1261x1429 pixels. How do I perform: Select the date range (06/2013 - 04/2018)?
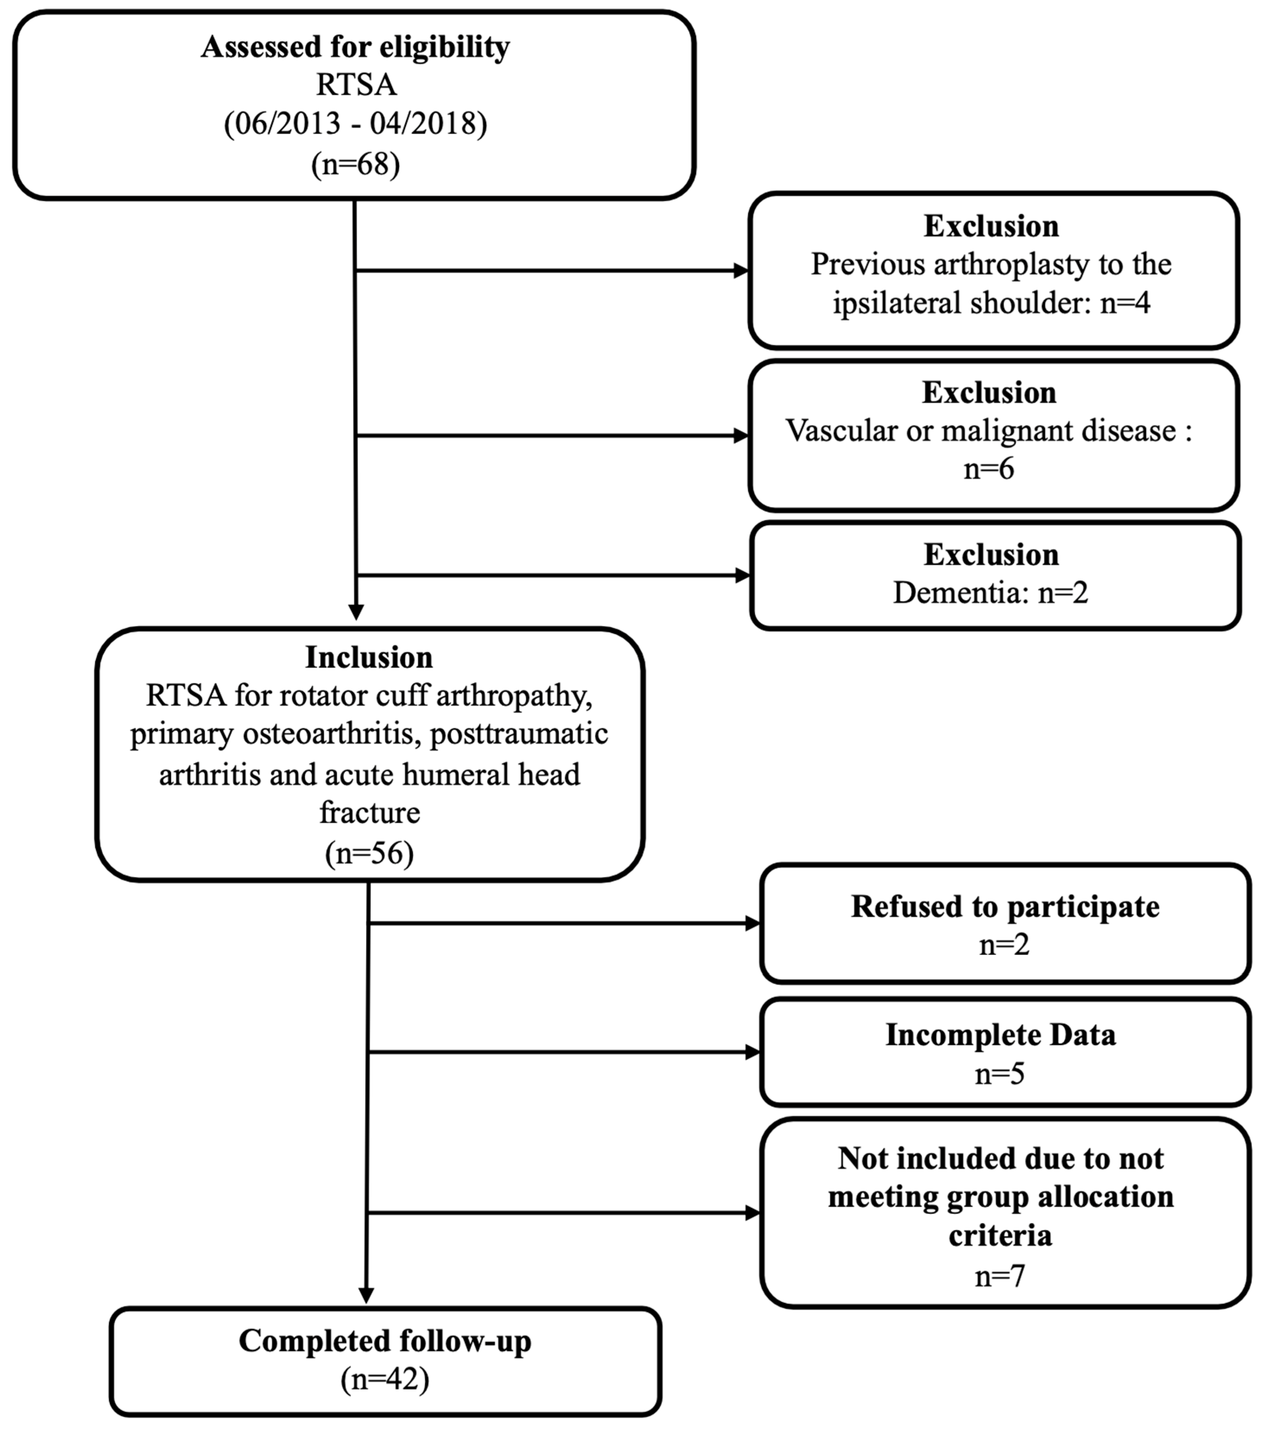pyautogui.click(x=355, y=124)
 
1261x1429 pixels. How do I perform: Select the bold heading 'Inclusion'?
pyautogui.click(x=368, y=658)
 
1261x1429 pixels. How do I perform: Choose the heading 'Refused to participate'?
pyautogui.click(x=1004, y=907)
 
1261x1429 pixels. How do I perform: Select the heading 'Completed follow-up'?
pyautogui.click(x=384, y=1341)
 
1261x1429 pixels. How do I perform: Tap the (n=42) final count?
pyautogui.click(x=384, y=1379)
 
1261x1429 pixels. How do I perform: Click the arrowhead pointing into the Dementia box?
pyautogui.click(x=742, y=575)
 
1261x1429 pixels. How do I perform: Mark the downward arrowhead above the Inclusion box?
pyautogui.click(x=356, y=612)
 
